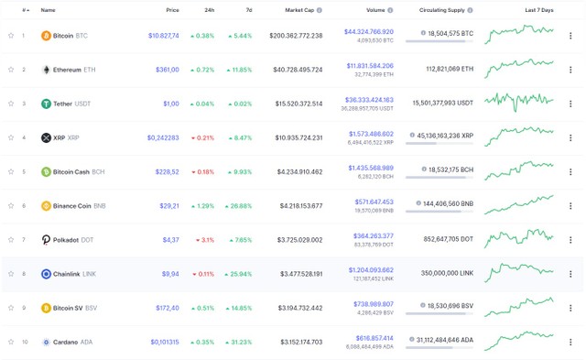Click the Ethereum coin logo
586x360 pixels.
46,69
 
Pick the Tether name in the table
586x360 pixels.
63,104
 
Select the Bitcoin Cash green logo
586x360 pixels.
46,171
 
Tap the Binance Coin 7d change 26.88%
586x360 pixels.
236,205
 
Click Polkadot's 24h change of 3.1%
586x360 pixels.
204,240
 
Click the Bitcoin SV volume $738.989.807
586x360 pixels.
370,303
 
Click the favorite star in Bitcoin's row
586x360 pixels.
11,35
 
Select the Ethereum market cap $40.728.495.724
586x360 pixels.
297,69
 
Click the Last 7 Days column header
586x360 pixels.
538,10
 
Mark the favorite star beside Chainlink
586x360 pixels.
11,274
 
